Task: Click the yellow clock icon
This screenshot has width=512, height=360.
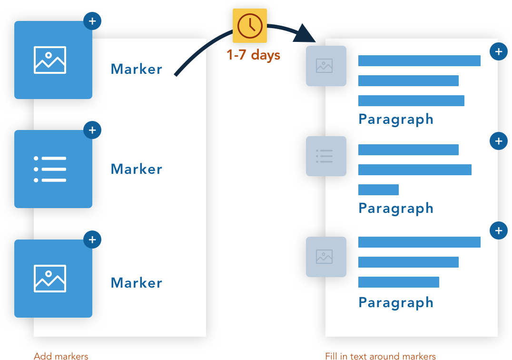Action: click(x=250, y=26)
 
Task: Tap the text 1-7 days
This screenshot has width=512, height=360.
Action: click(x=254, y=55)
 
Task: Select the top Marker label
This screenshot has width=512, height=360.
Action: click(x=137, y=69)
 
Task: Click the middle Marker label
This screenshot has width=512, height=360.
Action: click(x=137, y=169)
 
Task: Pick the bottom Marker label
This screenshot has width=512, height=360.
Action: click(x=137, y=283)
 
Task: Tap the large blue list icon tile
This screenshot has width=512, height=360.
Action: click(x=53, y=169)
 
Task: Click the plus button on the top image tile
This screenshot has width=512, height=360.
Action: click(x=92, y=21)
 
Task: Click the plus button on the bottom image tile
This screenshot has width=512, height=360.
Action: click(x=92, y=240)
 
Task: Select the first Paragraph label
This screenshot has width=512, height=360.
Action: click(x=396, y=119)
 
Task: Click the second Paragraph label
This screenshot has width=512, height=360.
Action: click(x=396, y=208)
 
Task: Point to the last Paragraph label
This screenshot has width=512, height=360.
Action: click(x=396, y=302)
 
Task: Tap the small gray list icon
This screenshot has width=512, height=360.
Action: click(x=326, y=156)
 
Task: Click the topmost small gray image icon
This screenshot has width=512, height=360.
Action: click(x=326, y=66)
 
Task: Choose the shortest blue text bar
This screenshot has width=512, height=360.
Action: click(x=378, y=190)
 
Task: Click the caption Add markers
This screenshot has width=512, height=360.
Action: click(x=61, y=356)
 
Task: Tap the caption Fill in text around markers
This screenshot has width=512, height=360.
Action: click(x=380, y=356)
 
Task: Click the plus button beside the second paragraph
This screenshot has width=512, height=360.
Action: click(x=498, y=141)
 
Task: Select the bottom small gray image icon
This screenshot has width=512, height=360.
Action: click(x=326, y=257)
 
